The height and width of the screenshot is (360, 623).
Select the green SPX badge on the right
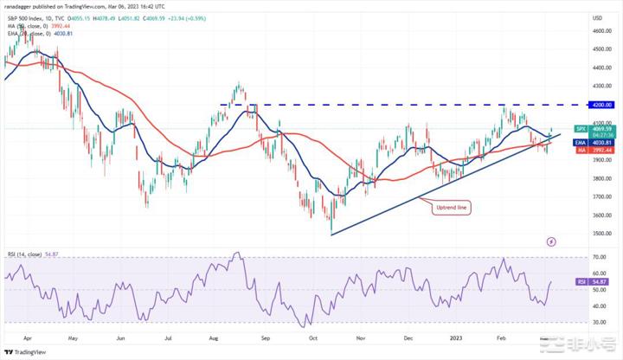pyautogui.click(x=581, y=129)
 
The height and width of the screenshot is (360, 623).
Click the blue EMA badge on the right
pyautogui.click(x=581, y=143)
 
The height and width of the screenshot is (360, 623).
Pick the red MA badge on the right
pyautogui.click(x=581, y=149)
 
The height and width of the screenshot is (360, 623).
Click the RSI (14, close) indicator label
pyautogui.click(x=25, y=254)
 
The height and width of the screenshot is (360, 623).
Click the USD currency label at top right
pyautogui.click(x=597, y=17)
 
